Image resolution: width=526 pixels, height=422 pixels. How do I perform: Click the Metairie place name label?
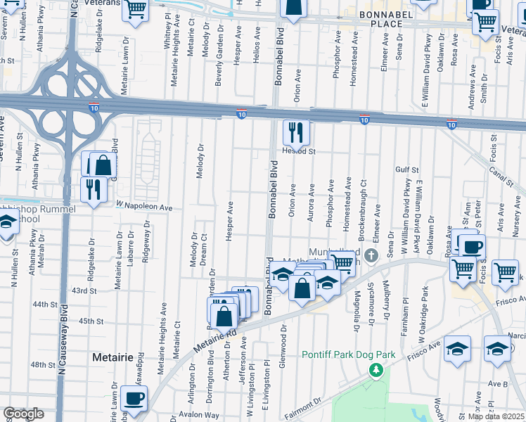click(x=113, y=357)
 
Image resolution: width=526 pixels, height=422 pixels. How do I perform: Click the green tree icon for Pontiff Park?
click(x=377, y=370)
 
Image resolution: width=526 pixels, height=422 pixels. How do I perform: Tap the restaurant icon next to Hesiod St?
click(x=296, y=132)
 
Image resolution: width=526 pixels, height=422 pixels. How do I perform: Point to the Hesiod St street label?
click(x=299, y=151)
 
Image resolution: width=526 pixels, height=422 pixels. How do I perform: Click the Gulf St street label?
click(x=406, y=170)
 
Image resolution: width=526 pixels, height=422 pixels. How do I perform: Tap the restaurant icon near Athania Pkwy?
click(x=93, y=188)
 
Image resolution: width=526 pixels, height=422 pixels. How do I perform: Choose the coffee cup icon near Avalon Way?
click(x=134, y=398)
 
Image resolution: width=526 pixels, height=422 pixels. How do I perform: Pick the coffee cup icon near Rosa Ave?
click(x=472, y=246)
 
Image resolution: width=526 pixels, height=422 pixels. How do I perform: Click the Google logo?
click(x=24, y=414)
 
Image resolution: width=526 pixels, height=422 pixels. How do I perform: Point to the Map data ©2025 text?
click(x=496, y=416)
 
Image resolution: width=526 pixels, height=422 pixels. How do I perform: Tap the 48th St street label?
click(x=42, y=364)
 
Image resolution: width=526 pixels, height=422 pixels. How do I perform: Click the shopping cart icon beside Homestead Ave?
click(x=342, y=263)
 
